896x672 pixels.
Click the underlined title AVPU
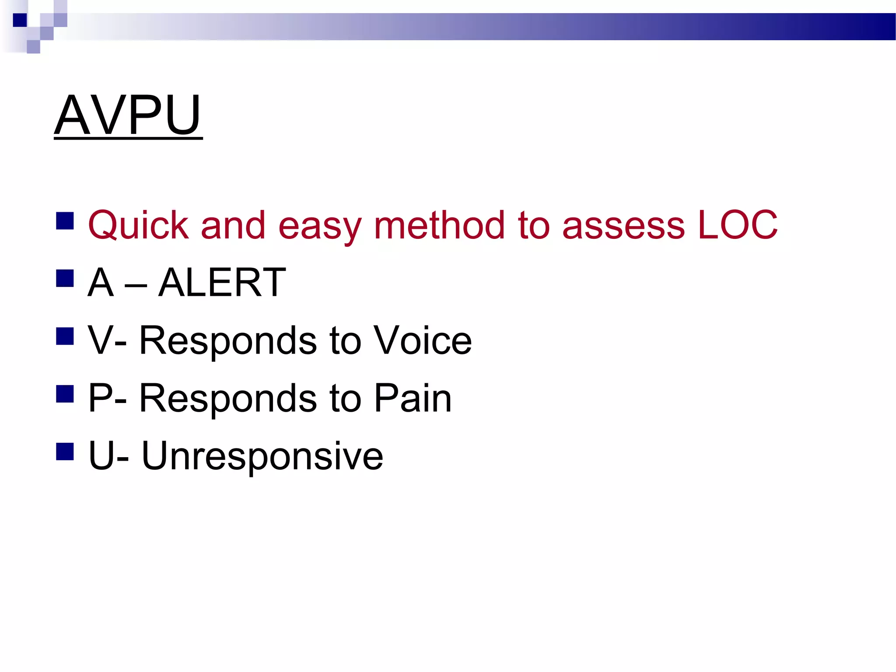[x=128, y=115]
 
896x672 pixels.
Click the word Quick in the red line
[x=138, y=226]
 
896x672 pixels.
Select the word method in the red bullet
[x=439, y=226]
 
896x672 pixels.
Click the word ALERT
[x=222, y=283]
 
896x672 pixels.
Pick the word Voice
[x=423, y=340]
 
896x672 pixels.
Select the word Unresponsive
[x=262, y=456]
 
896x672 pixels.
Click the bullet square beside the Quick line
[x=65, y=221]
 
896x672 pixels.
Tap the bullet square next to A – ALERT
[x=65, y=278]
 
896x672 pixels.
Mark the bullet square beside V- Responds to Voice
[x=65, y=336]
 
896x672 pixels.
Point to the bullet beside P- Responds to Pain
[x=65, y=394]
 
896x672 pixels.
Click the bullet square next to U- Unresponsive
[x=65, y=451]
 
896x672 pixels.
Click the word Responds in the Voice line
[x=227, y=341]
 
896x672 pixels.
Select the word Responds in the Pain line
[x=227, y=399]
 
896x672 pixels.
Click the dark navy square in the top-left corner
[x=20, y=20]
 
